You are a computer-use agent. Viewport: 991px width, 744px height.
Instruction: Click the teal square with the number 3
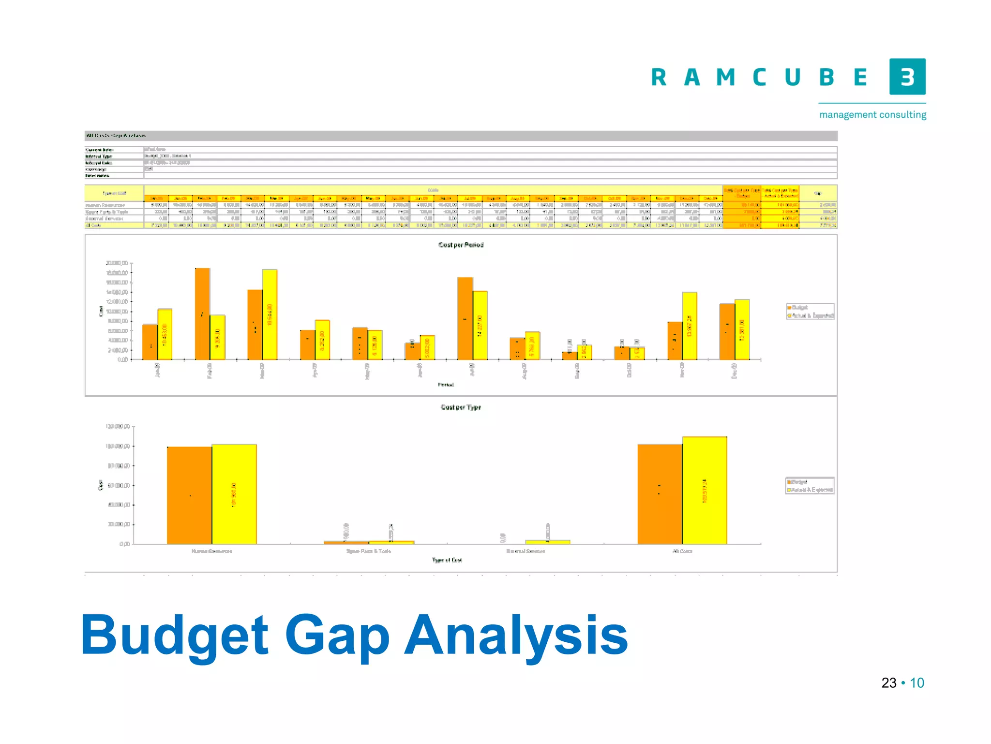(907, 77)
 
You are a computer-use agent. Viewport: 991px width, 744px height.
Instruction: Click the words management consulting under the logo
(872, 115)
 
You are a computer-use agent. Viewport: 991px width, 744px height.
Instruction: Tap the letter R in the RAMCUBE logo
(659, 77)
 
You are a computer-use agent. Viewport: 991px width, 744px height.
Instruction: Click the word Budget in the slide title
(174, 635)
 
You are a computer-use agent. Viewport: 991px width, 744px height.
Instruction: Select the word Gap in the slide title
(337, 635)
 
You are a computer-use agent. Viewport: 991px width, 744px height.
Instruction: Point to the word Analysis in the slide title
(516, 635)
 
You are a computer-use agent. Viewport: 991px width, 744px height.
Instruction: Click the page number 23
(889, 682)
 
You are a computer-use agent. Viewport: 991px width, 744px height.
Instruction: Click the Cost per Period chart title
(461, 245)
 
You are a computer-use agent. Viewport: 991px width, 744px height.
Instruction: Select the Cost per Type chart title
(461, 407)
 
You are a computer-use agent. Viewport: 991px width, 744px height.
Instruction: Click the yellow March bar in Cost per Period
(270, 315)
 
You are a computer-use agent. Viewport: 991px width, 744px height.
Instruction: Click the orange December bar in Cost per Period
(727, 332)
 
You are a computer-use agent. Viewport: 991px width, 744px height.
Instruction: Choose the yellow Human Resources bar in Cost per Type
(234, 494)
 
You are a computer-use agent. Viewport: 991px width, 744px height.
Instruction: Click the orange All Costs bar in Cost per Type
(660, 494)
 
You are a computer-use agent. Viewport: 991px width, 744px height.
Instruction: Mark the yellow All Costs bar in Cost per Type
(705, 490)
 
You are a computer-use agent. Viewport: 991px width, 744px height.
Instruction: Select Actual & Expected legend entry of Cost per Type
(811, 490)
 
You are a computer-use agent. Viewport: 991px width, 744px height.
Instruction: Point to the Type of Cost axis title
(447, 560)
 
